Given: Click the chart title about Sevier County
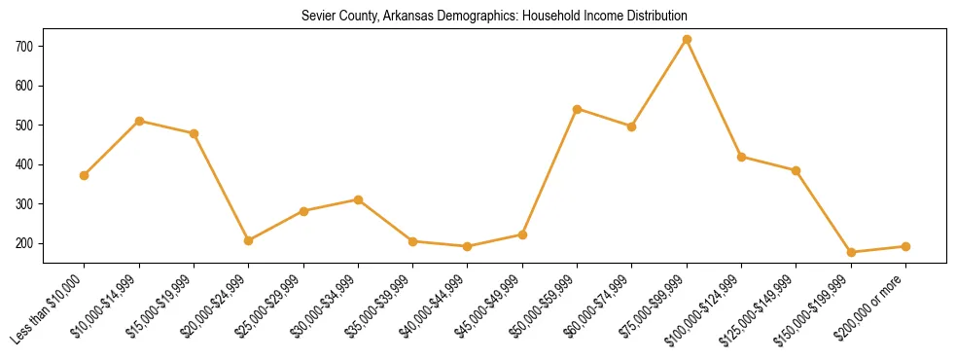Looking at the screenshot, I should [495, 16].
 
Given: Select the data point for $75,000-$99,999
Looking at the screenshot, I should [687, 39].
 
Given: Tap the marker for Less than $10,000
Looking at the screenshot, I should [85, 175].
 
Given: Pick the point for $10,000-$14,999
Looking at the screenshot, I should [139, 121].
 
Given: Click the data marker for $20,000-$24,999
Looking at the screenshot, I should [249, 240].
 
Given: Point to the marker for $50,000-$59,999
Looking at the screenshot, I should [578, 109].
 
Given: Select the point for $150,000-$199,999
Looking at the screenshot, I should [851, 252].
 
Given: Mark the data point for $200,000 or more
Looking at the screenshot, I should [905, 246].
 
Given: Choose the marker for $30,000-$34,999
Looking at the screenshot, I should [358, 199].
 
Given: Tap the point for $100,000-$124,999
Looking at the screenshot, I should [741, 157].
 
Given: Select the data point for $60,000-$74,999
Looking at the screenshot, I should [632, 126].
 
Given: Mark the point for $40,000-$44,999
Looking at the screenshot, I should [468, 246].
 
